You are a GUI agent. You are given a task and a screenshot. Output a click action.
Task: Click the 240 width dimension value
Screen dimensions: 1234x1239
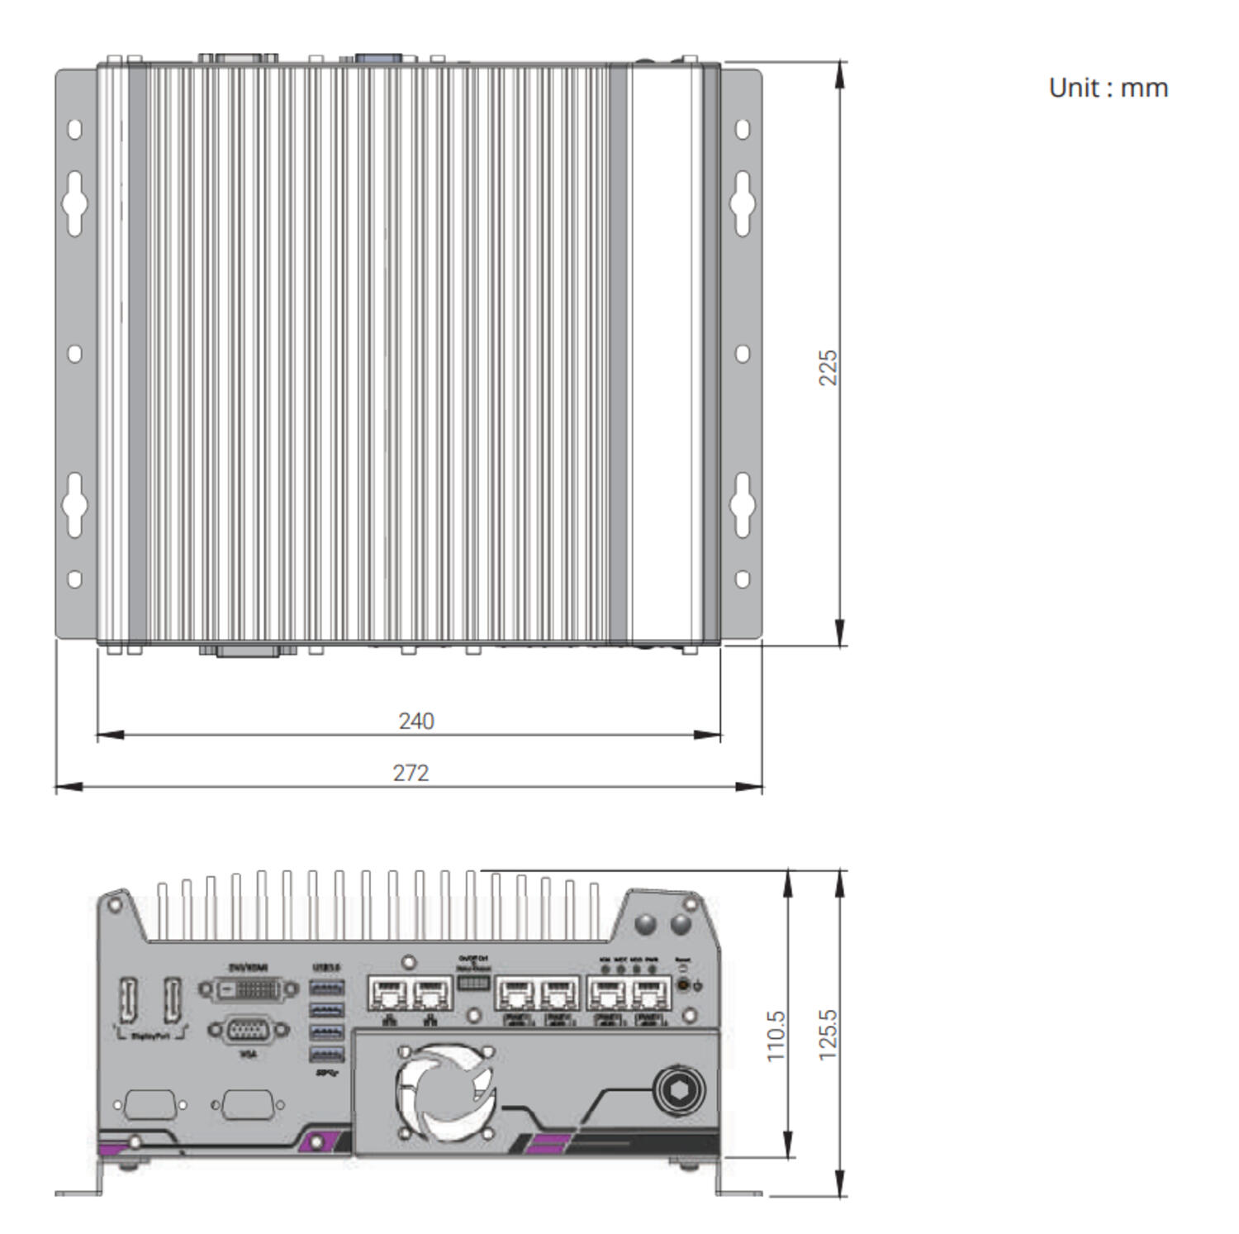click(416, 721)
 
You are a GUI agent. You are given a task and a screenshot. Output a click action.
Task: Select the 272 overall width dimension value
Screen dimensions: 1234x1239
click(411, 773)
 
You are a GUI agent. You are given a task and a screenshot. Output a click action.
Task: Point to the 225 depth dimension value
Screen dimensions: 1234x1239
click(827, 367)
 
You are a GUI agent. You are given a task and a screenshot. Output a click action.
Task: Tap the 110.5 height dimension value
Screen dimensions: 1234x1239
click(775, 1036)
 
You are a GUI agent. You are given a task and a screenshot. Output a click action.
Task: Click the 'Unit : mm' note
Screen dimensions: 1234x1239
click(1108, 88)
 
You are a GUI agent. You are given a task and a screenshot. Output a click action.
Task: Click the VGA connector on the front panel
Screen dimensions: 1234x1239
click(248, 1031)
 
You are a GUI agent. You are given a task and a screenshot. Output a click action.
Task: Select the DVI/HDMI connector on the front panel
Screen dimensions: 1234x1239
click(248, 989)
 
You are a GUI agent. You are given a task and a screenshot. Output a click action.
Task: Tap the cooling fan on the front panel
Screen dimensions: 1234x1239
click(446, 1093)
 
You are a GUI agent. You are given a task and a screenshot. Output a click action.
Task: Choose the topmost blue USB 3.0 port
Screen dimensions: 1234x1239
click(327, 988)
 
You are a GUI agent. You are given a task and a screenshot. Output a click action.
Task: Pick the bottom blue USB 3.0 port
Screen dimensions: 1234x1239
click(327, 1054)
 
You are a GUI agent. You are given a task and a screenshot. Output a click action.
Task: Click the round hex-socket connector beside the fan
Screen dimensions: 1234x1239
click(679, 1090)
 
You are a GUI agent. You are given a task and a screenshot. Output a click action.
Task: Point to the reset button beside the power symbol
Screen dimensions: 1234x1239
click(682, 984)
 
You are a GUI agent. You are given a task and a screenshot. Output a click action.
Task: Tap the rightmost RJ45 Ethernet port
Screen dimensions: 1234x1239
click(650, 992)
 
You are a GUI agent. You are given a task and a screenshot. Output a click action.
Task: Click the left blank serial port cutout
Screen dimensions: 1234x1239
click(150, 1105)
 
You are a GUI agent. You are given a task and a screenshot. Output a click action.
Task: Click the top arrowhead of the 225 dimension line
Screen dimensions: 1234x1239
click(840, 74)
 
